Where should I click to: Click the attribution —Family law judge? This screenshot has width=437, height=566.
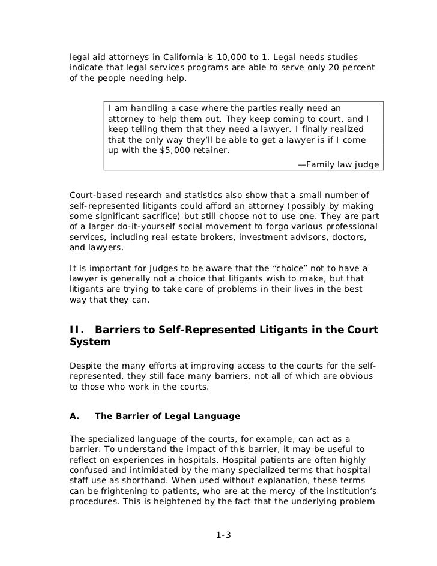[338, 164]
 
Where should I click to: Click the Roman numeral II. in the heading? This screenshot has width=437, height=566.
[77, 329]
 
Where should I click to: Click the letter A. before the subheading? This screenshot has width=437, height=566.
[75, 416]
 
